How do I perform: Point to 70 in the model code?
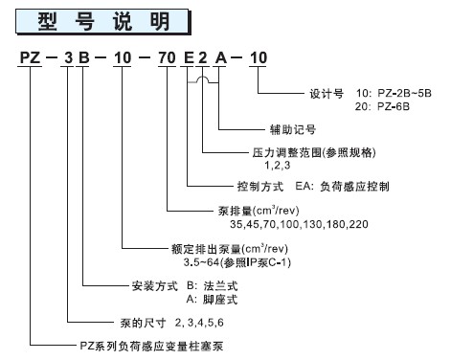[169, 59]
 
